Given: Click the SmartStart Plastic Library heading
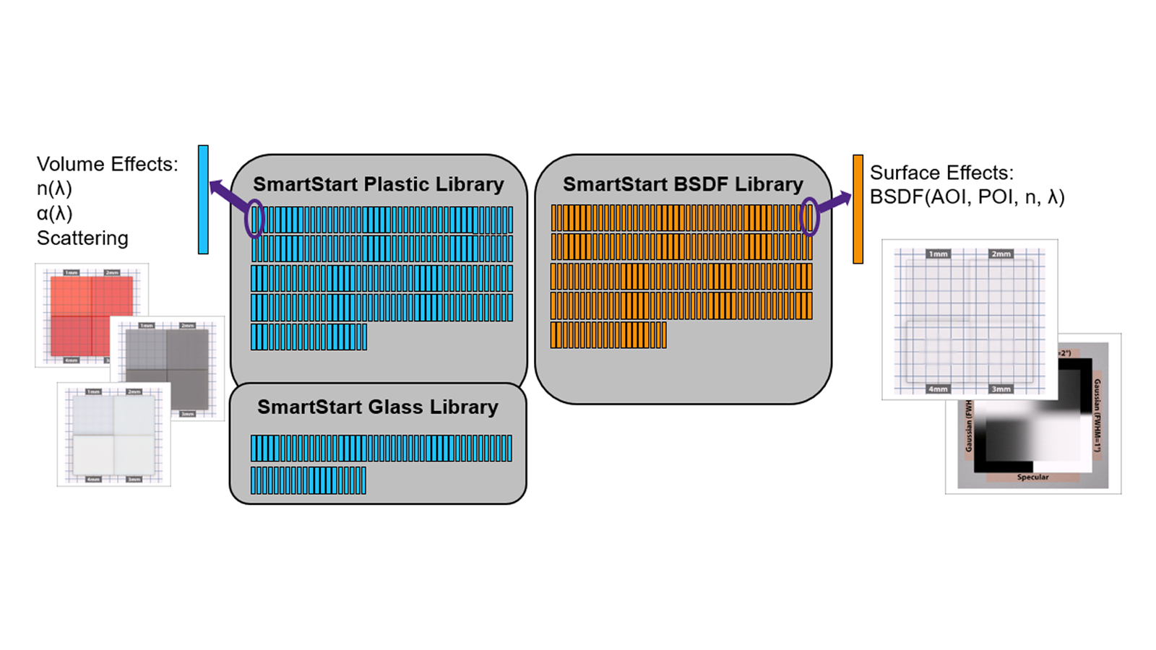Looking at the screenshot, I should [x=378, y=184].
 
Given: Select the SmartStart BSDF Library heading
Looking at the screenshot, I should [x=683, y=184].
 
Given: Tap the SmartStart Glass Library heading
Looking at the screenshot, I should [x=378, y=407].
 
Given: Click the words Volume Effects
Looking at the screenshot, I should [x=107, y=164].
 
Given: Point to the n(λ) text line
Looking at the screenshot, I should [x=54, y=188].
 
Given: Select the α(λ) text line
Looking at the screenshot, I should [x=55, y=213].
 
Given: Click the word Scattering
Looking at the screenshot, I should [x=82, y=238].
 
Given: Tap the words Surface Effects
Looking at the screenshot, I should [x=941, y=173].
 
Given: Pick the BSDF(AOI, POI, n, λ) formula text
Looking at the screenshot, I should [x=967, y=197].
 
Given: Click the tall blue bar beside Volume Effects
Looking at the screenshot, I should [x=203, y=199].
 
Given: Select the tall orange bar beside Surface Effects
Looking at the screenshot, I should [x=858, y=209].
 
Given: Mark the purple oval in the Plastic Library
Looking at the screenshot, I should [x=254, y=218].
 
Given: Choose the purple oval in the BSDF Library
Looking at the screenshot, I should [x=809, y=216].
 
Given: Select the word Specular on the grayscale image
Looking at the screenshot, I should [x=1032, y=477].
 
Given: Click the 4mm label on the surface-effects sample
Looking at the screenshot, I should [x=938, y=389].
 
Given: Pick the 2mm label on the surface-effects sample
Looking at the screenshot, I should [x=1001, y=254].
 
